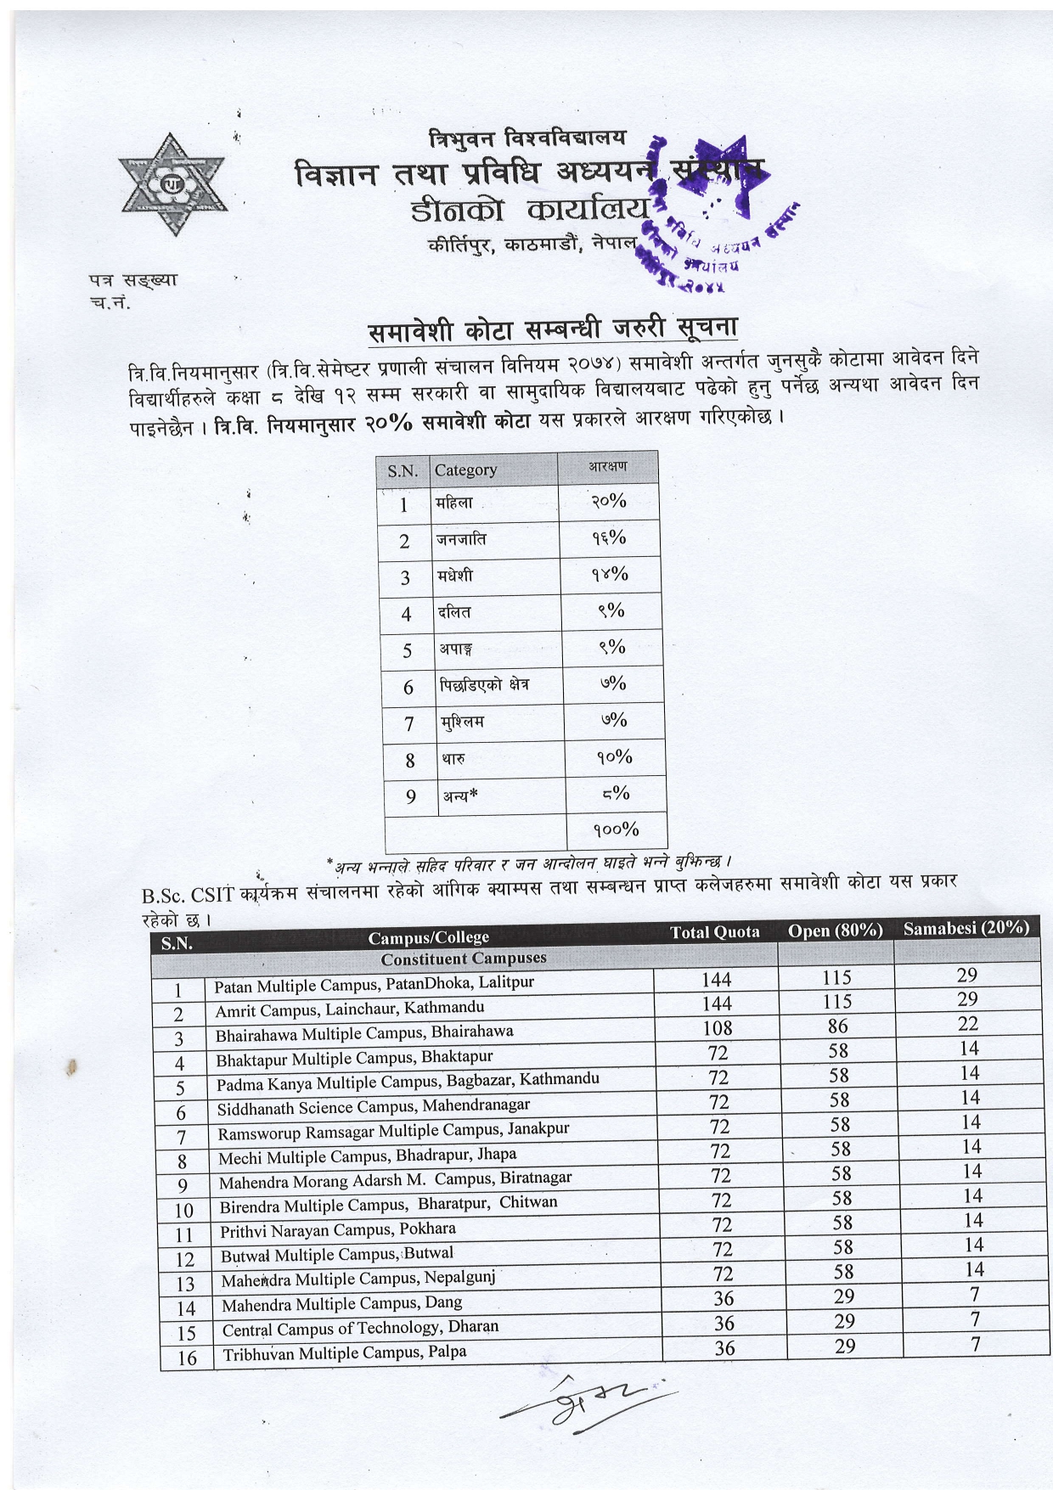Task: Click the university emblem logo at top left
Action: click(x=173, y=184)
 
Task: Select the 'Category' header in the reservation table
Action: click(x=465, y=469)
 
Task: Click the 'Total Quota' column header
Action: click(x=715, y=932)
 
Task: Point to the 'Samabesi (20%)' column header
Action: click(x=966, y=928)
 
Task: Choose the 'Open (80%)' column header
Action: click(x=836, y=931)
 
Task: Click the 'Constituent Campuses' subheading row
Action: click(x=464, y=959)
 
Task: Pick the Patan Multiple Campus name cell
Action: click(x=374, y=984)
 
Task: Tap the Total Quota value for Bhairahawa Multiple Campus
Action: click(x=718, y=1028)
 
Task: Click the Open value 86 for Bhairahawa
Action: click(x=838, y=1026)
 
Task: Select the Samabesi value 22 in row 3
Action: click(x=968, y=1024)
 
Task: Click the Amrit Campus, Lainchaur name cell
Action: click(x=350, y=1009)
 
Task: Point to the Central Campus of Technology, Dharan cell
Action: click(x=360, y=1328)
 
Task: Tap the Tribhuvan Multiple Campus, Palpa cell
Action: click(x=345, y=1352)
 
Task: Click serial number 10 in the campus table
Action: click(x=183, y=1210)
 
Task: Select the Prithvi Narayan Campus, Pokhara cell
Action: click(x=338, y=1229)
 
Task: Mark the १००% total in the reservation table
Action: click(x=617, y=829)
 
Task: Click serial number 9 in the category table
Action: click(x=411, y=796)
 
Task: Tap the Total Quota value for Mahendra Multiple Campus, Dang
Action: click(x=724, y=1299)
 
